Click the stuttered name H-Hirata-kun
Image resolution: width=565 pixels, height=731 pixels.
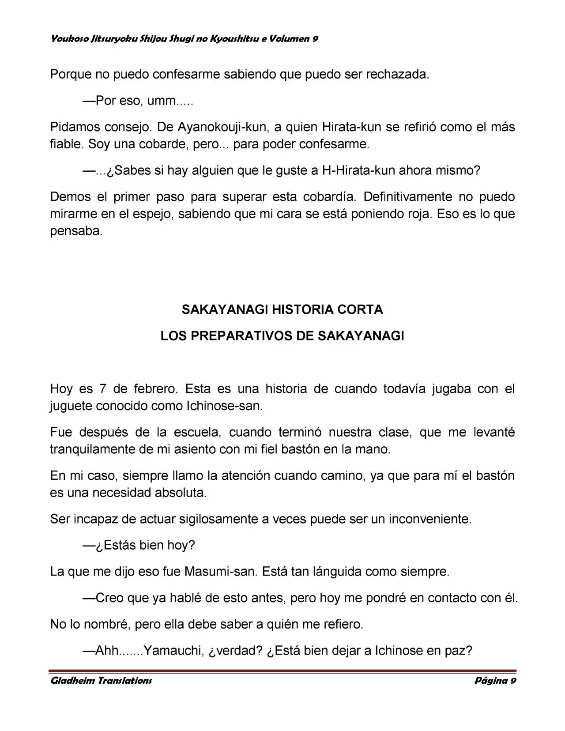pyautogui.click(x=358, y=170)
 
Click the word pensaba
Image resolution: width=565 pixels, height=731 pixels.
pyautogui.click(x=76, y=231)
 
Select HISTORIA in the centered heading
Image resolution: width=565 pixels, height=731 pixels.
pyautogui.click(x=302, y=309)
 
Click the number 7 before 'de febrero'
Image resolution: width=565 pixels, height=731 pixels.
pyautogui.click(x=103, y=389)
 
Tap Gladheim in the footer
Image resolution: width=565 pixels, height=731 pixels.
pyautogui.click(x=72, y=681)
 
